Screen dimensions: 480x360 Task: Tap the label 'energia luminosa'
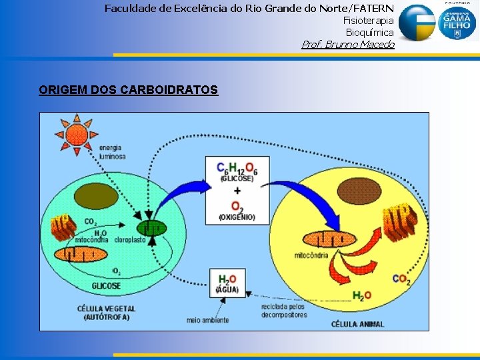point(112,152)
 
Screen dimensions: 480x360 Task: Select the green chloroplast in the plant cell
point(153,229)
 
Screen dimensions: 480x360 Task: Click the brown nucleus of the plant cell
point(96,195)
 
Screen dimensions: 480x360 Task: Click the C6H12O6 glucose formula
point(237,169)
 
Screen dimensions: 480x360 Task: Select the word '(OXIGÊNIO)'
point(237,217)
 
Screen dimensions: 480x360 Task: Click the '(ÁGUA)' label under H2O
point(227,290)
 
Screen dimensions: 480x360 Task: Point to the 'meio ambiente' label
point(208,320)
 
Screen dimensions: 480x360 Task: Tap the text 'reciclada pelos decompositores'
point(283,310)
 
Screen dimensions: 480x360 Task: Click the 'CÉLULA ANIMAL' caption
point(358,324)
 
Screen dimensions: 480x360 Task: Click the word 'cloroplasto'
point(130,240)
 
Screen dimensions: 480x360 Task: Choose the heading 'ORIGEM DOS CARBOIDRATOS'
point(129,90)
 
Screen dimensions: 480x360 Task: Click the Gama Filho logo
point(457,23)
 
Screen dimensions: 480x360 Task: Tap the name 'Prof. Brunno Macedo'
point(348,45)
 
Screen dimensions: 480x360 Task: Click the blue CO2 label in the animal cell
point(401,279)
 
